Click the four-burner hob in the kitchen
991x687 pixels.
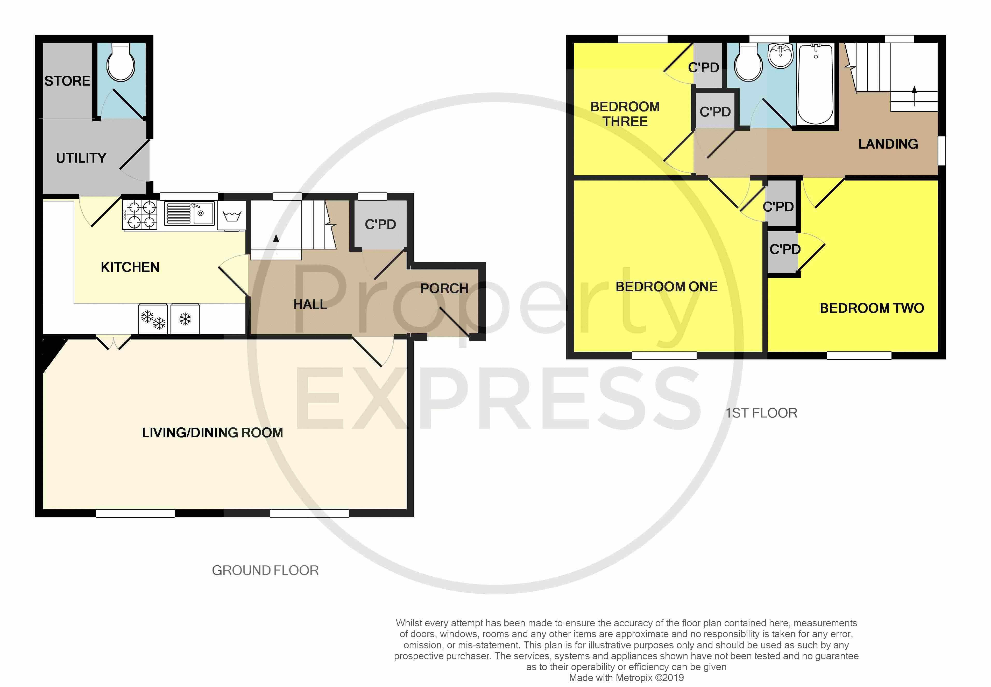(140, 215)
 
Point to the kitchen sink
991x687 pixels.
(189, 213)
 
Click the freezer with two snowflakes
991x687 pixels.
(153, 319)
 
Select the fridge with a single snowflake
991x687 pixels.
(185, 319)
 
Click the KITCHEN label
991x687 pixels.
(130, 267)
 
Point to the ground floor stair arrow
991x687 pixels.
(276, 244)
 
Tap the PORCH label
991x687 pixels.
(444, 288)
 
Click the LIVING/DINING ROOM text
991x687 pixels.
(213, 433)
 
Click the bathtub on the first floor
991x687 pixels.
(816, 84)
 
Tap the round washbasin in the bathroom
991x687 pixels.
(780, 55)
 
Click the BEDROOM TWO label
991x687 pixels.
(872, 308)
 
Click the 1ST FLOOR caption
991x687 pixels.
(761, 413)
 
